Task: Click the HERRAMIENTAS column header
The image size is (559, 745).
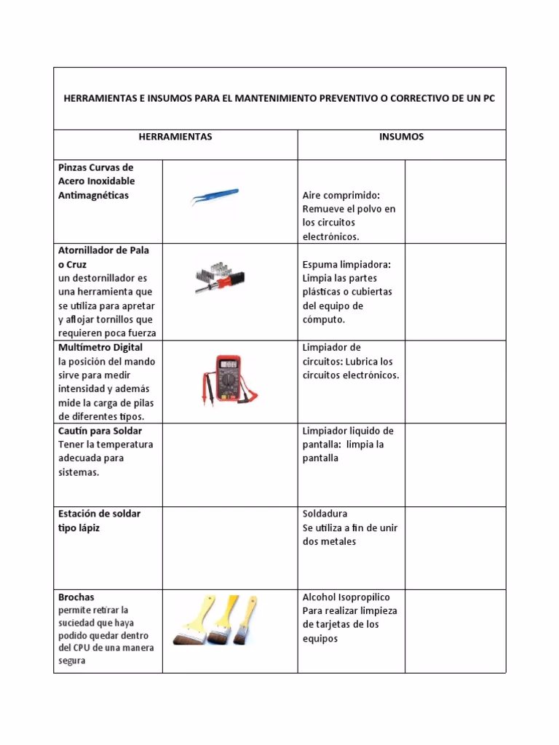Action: [x=175, y=137]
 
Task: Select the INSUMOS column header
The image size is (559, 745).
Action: [x=401, y=137]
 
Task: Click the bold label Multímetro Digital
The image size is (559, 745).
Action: [x=100, y=348]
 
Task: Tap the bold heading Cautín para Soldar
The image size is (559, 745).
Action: [x=100, y=431]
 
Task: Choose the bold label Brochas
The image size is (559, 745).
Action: [x=76, y=597]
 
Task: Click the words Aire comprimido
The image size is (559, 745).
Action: [x=341, y=196]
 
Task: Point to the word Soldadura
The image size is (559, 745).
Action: [x=325, y=514]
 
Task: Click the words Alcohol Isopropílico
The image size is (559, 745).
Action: [x=346, y=597]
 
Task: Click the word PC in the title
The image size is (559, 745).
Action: [x=488, y=98]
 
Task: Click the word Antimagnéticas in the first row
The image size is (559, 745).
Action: [x=93, y=196]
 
